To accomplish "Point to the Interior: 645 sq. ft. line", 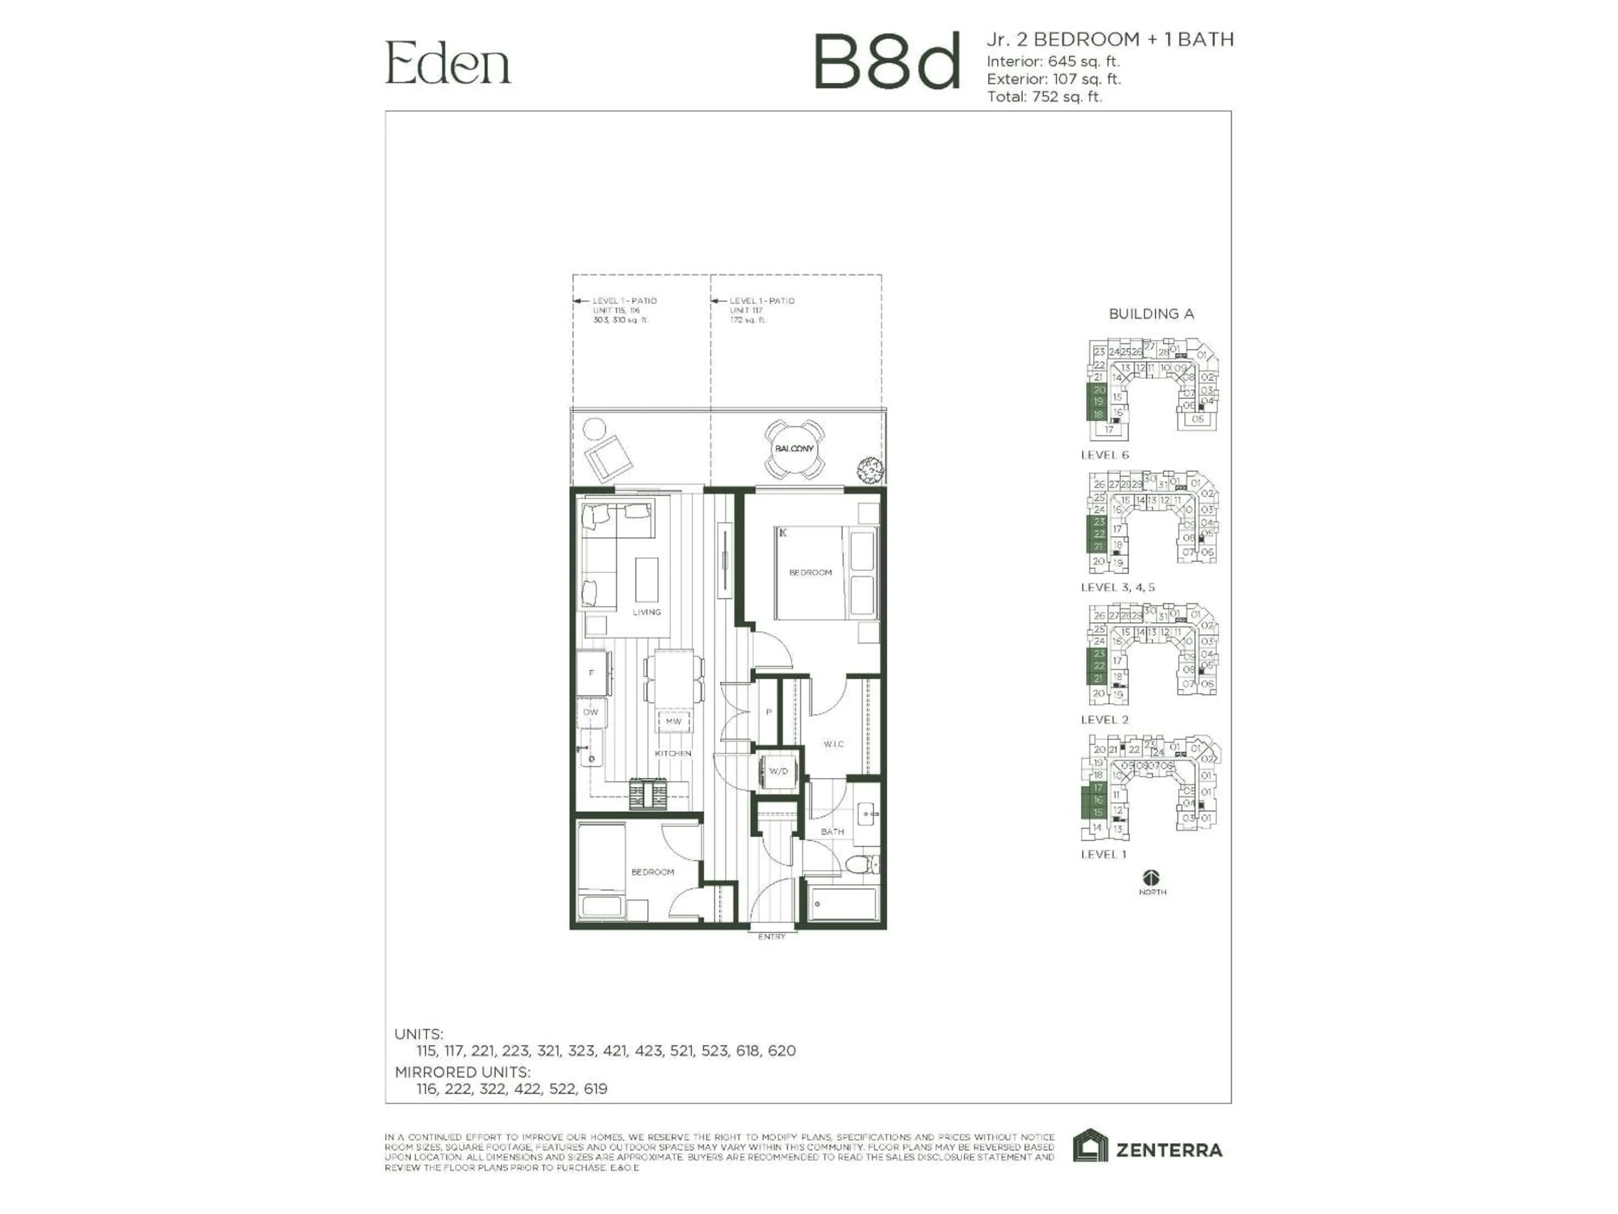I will [1053, 62].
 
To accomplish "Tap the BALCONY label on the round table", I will [794, 449].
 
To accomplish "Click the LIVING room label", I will [647, 612].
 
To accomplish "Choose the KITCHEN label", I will [673, 753].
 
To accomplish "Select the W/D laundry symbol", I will [778, 771].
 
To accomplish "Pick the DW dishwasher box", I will [591, 712].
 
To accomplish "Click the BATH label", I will [833, 831].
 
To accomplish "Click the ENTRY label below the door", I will [771, 937].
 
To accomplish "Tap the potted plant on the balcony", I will [871, 470].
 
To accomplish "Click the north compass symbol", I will [1152, 877].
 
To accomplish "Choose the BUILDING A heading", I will [1151, 314].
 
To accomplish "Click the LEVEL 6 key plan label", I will [1104, 455].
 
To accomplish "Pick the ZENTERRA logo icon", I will [1090, 1146].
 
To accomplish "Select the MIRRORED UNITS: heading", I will [462, 1072].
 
